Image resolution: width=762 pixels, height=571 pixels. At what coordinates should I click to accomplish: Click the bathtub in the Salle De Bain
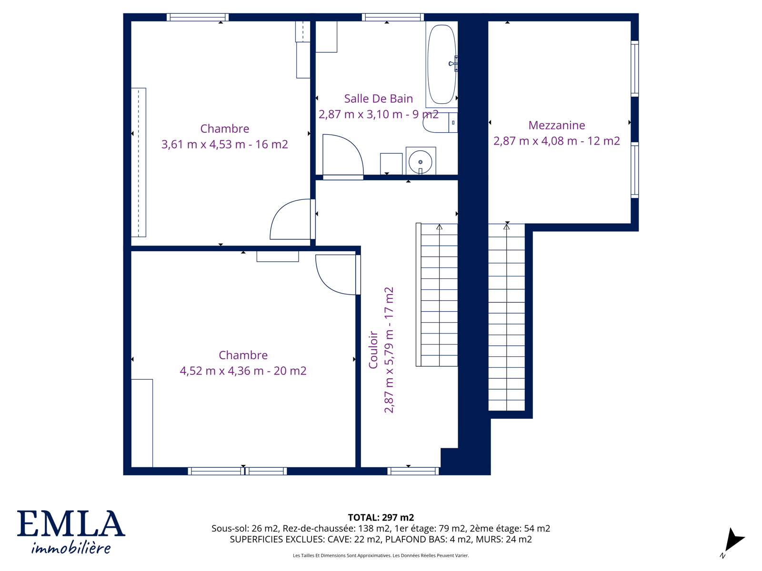pos(441,64)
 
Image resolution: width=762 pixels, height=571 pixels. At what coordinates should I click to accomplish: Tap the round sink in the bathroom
pos(420,162)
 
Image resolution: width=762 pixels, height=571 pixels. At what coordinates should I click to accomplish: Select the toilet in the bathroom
pos(440,122)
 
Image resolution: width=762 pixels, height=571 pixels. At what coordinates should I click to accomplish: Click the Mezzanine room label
pos(556,125)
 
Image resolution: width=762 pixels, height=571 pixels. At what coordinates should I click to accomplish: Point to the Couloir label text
pos(373,349)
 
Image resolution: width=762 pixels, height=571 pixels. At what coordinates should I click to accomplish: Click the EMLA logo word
pos(71,523)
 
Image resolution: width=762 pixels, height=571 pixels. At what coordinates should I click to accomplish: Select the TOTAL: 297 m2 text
pos(381,518)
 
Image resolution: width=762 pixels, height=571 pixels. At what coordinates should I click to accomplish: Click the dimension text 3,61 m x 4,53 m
pos(203,144)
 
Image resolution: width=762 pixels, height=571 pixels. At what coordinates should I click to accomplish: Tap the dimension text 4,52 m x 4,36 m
pos(221,371)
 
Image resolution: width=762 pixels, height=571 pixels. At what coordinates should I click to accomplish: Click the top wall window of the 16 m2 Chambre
pos(198,17)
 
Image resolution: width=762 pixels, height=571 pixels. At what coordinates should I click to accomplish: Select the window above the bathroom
pos(392,17)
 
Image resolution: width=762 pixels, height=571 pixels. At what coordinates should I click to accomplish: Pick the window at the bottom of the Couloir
pos(413,471)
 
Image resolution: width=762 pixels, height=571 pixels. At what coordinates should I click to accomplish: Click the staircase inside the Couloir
pos(437,295)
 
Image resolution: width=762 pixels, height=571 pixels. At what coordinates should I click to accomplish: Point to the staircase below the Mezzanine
pos(506,317)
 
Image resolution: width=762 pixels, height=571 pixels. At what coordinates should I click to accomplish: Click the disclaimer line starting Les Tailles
pos(381,555)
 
